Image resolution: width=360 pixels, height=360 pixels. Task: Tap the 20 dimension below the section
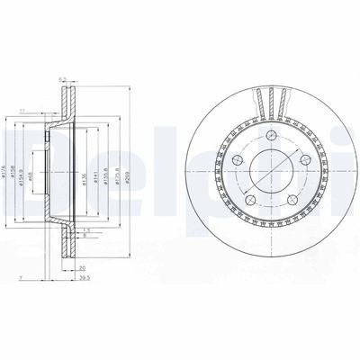click(81, 267)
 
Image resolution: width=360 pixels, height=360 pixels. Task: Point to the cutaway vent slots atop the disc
click(269, 98)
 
